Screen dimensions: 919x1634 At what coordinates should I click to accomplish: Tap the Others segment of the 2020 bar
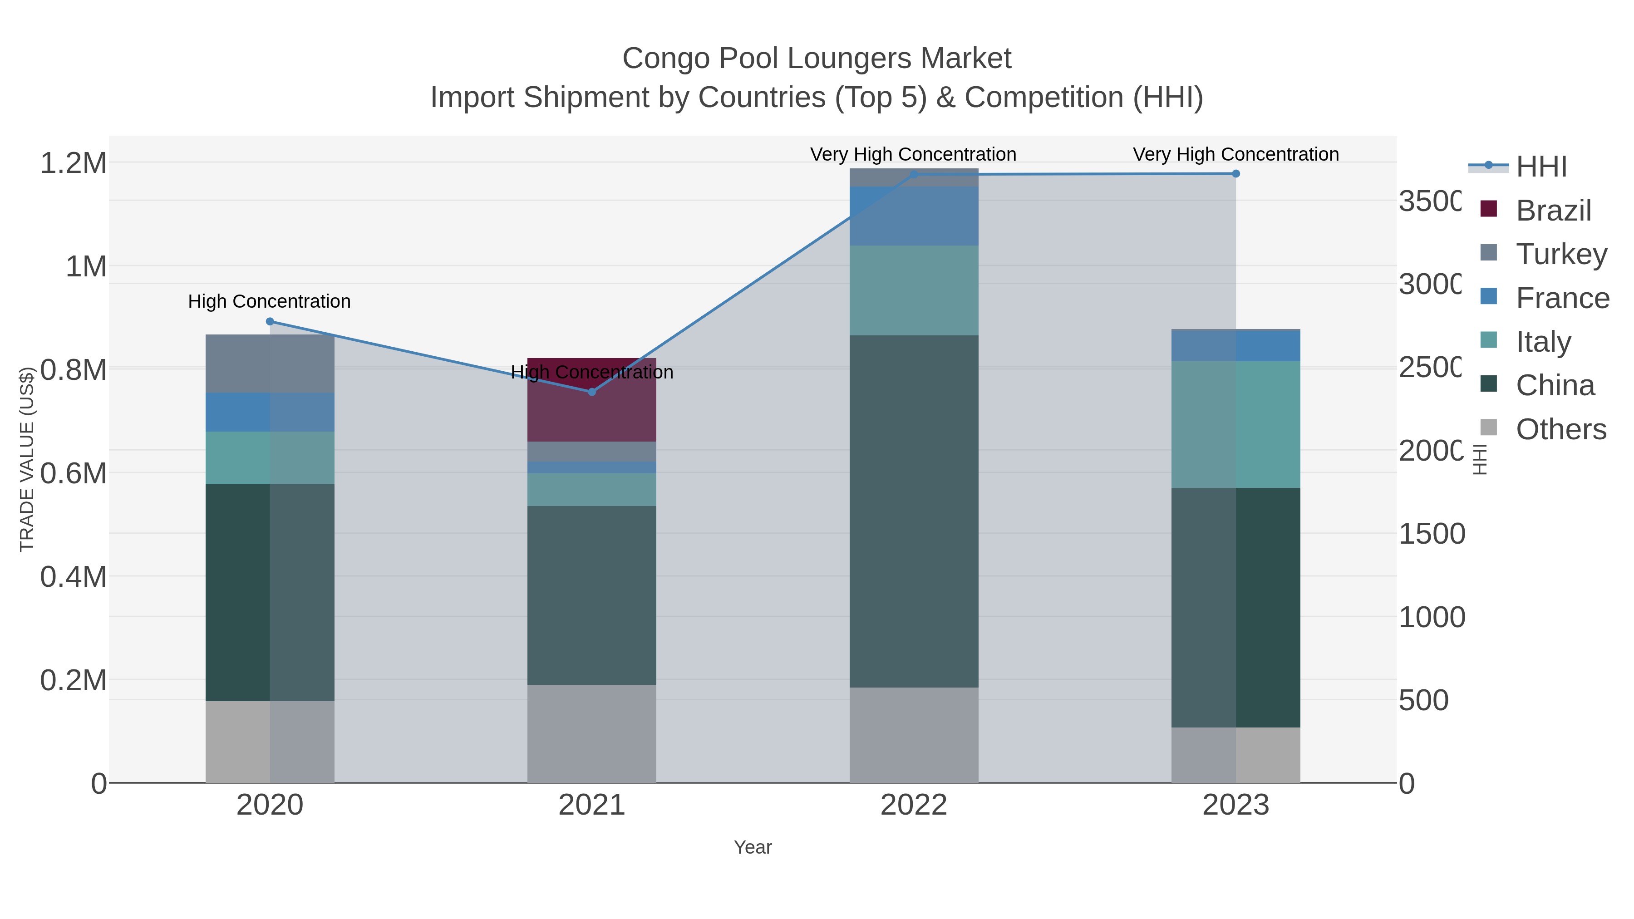pyautogui.click(x=270, y=742)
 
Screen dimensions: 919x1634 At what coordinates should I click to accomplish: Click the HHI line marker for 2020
pyautogui.click(x=270, y=322)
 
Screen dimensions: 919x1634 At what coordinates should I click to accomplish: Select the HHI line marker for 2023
pyautogui.click(x=1235, y=174)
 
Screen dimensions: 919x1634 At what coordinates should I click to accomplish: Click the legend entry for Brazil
pyautogui.click(x=1552, y=211)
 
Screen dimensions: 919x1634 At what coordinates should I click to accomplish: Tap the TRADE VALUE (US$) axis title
pyautogui.click(x=27, y=459)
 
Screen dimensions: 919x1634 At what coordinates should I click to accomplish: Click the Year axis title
pyautogui.click(x=752, y=847)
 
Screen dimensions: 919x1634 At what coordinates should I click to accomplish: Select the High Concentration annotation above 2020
pyautogui.click(x=269, y=301)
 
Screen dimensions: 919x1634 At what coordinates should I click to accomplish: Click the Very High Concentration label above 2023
pyautogui.click(x=1235, y=154)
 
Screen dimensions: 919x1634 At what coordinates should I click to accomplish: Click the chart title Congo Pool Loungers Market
pyautogui.click(x=817, y=59)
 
